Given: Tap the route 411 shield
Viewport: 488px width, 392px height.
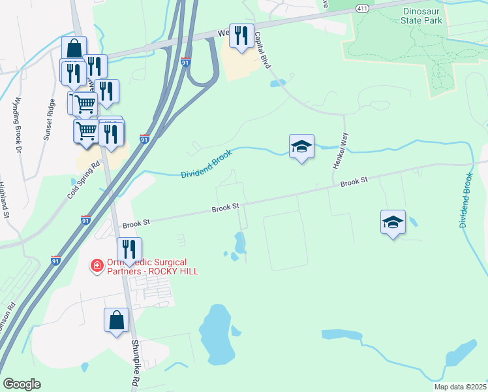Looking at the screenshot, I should coord(363,7).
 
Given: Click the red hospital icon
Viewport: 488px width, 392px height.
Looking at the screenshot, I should coord(97,265).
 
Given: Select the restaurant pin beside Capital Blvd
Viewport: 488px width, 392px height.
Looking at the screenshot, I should coord(242,37).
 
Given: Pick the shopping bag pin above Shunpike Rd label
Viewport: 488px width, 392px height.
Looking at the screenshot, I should coord(116,321).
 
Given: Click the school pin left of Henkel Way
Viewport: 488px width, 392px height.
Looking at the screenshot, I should coord(301,147).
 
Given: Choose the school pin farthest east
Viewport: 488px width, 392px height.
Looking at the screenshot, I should coord(393,223).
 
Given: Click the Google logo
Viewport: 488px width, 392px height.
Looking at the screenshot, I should coord(22,384).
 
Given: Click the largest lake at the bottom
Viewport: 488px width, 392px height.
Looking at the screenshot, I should coord(217,333).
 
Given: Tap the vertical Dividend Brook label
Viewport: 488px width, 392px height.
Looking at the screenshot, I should coord(466,201).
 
